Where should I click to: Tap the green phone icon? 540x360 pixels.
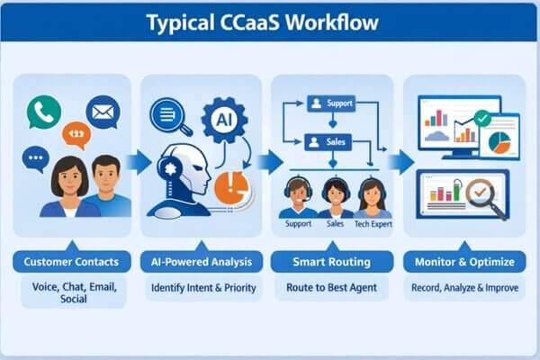[x=43, y=112]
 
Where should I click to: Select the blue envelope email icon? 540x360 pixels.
[x=103, y=112]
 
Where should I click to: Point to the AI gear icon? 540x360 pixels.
[x=222, y=118]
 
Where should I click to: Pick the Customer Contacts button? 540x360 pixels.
[x=69, y=262]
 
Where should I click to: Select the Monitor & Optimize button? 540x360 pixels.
[x=464, y=262]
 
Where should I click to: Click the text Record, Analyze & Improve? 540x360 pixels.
[x=464, y=289]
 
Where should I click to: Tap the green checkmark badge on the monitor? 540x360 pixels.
[x=481, y=117]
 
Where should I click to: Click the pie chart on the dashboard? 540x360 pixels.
[x=499, y=141]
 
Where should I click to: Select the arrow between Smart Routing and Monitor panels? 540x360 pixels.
[x=401, y=161]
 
